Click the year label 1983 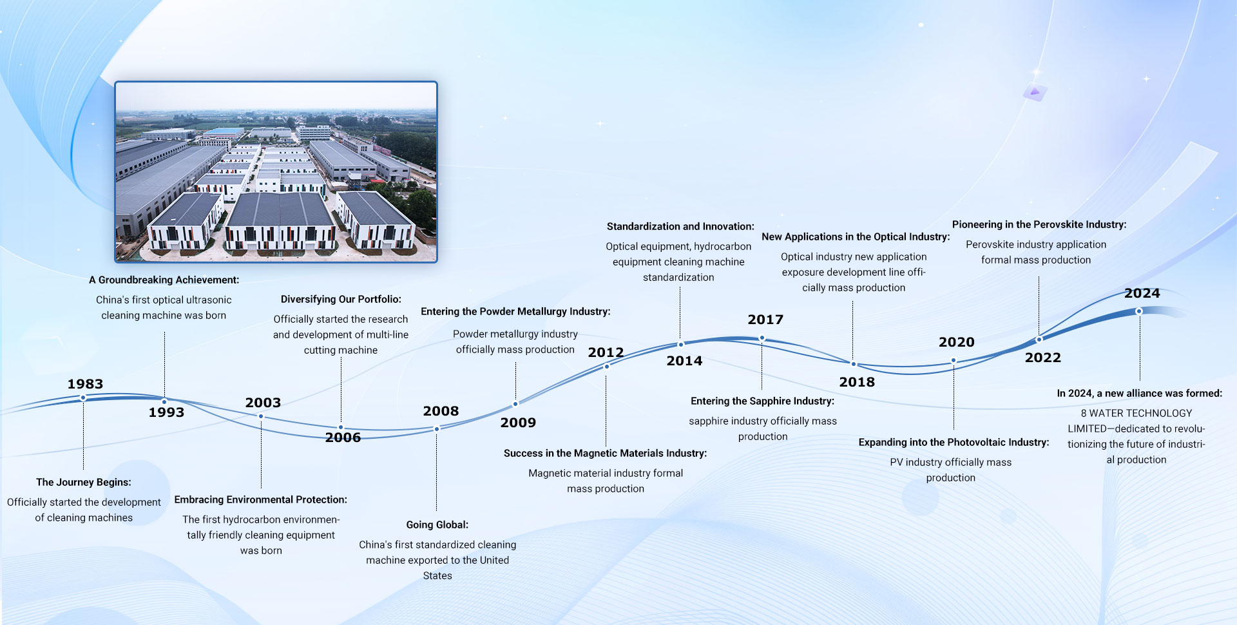85,384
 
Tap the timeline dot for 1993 164,401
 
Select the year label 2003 263,403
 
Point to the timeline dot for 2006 341,427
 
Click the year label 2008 441,411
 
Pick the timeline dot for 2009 515,404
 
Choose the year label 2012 606,352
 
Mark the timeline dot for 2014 680,344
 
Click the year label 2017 765,320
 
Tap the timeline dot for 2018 854,364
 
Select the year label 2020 956,342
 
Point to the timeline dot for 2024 1139,311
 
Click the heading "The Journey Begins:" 84,482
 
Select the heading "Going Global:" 437,524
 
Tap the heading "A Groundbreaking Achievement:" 164,280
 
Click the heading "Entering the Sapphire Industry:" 762,401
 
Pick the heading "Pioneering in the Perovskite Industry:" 1039,224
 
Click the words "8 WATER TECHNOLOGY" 1136,413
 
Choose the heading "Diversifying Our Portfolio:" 341,299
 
